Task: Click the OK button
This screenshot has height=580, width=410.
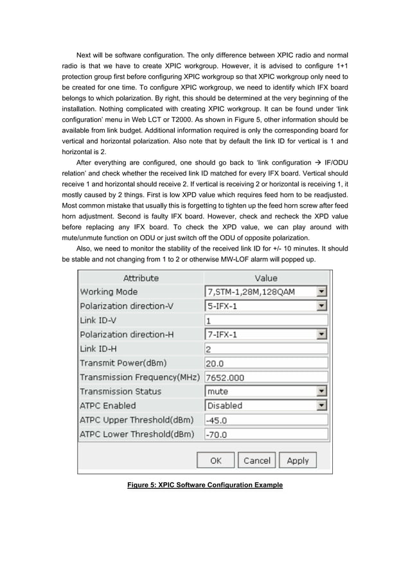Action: [215, 461]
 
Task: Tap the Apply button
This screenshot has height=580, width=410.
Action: [298, 461]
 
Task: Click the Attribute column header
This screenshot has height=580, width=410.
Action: [140, 278]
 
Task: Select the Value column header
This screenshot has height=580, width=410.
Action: [266, 278]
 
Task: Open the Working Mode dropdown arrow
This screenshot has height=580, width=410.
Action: [323, 292]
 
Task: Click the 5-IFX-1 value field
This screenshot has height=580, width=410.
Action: [260, 306]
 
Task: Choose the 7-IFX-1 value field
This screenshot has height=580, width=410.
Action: [260, 335]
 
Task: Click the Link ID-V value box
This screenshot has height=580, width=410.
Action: [266, 321]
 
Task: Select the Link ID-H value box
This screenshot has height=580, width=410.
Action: [266, 349]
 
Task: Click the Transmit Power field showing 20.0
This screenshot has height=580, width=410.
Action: [266, 364]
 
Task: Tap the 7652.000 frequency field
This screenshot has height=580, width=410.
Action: [266, 378]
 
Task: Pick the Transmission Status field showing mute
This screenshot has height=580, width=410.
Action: [260, 391]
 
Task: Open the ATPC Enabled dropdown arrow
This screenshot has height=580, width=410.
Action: [323, 406]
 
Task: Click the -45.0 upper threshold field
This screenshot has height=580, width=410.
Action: [266, 420]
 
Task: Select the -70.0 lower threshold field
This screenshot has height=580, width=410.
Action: [266, 435]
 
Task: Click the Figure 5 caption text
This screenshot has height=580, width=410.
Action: [204, 485]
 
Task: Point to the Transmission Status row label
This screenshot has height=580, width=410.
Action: [121, 391]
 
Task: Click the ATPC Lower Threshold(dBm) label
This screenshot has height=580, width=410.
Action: [137, 434]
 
